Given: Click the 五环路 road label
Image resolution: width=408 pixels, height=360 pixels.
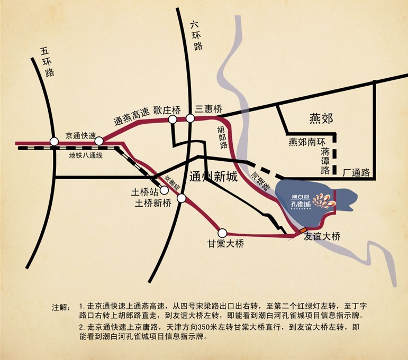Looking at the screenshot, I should tap(47, 62).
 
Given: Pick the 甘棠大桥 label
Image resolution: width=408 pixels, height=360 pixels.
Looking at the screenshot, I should tap(226, 244).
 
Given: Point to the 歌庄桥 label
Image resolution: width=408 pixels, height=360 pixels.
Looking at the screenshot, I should tap(167, 110).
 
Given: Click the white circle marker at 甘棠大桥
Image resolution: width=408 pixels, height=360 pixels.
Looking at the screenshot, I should tap(222, 232).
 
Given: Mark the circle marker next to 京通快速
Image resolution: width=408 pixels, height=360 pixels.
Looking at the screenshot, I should tap(99, 141).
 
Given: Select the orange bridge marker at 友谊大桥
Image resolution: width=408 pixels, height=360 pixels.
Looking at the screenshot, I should tap(302, 230).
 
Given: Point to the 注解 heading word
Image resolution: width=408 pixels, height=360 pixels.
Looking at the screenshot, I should tap(61, 307).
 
